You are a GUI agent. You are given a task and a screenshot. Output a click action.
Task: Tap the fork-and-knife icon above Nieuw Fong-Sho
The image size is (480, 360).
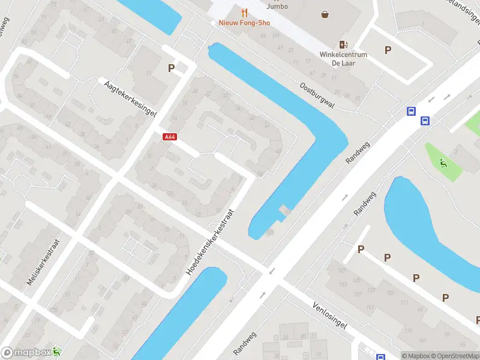coord(244,12)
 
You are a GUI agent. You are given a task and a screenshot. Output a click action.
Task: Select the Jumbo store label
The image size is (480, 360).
coord(277,6)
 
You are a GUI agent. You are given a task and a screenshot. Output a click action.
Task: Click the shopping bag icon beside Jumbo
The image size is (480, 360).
coord(325,14)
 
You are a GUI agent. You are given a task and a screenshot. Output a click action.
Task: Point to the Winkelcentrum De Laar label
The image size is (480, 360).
coord(343,58)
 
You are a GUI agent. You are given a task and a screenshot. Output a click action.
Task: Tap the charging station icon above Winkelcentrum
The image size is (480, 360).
coord(343,44)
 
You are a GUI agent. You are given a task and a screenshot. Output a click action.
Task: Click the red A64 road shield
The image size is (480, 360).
coord(170,137)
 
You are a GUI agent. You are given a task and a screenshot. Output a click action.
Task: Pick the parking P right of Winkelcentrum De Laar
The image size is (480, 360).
coord(388,50)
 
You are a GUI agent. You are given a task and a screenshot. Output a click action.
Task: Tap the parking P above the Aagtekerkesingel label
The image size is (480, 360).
coord(172,68)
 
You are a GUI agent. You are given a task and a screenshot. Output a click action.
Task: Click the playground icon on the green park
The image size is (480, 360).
coord(443,161)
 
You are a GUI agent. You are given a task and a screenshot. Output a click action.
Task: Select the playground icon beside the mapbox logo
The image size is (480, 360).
coord(57,351)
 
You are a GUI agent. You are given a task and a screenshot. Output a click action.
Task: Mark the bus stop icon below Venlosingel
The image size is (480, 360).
coord(380,357)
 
